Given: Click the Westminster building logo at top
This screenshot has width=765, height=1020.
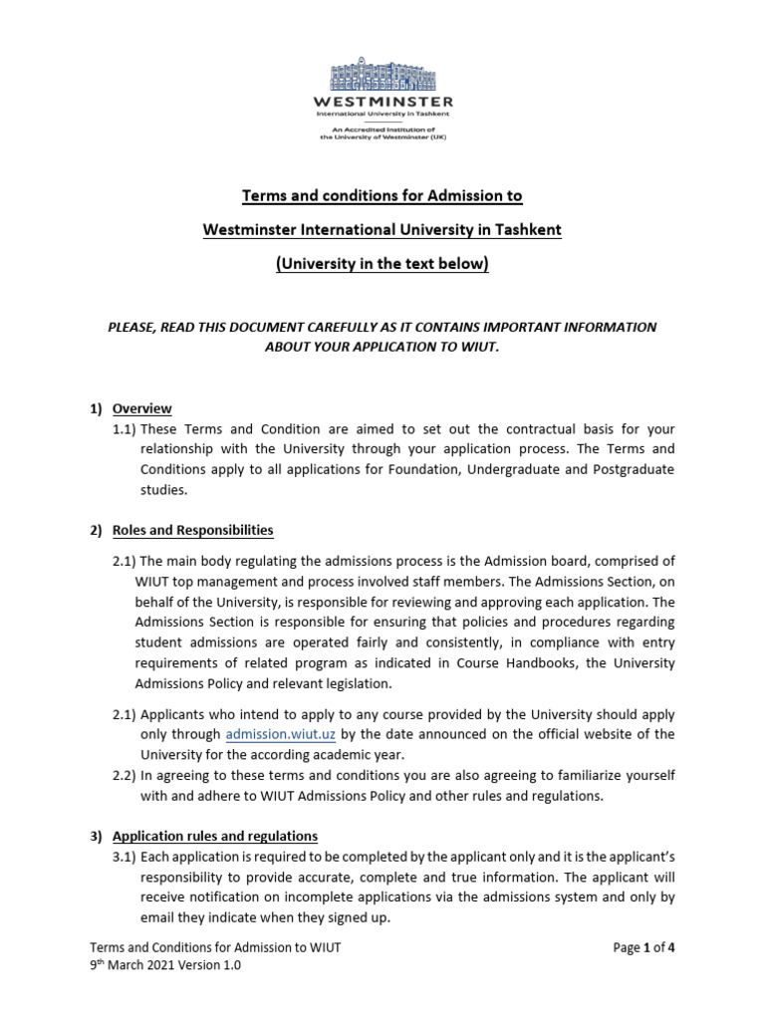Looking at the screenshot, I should point(383,76).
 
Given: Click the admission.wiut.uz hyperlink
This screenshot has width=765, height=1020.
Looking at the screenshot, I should point(280,734).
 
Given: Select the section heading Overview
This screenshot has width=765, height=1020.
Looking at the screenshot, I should point(141,408).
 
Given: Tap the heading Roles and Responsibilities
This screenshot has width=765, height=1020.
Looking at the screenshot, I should point(192,530).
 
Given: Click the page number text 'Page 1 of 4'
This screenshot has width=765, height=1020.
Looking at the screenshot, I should point(644,947).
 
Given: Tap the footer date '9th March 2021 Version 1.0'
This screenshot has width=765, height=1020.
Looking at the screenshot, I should point(165,965).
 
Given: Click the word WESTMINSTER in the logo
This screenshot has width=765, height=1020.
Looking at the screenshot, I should point(383,102).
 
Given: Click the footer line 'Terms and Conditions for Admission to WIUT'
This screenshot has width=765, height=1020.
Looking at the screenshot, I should point(215,947).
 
